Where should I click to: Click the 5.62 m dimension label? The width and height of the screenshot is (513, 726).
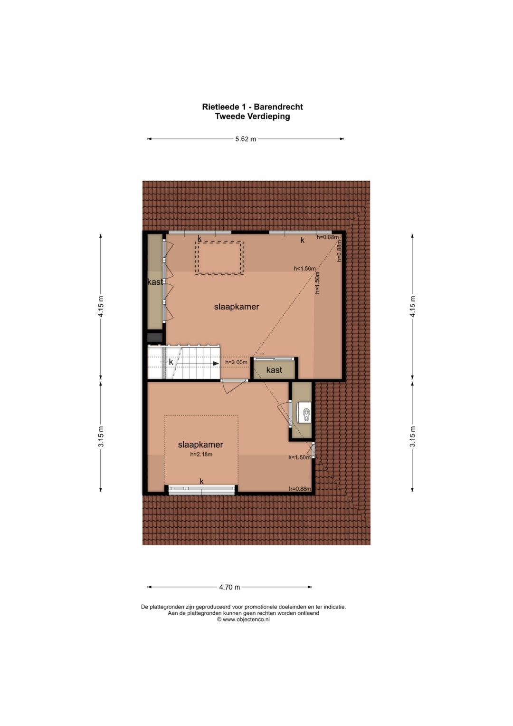point(246,139)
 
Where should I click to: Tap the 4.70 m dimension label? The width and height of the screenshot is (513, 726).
point(229,587)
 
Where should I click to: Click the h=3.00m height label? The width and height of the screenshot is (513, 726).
point(236,362)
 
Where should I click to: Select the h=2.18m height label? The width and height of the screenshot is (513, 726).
point(201,455)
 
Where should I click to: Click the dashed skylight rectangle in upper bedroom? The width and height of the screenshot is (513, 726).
point(219,258)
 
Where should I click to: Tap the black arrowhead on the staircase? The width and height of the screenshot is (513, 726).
point(216,364)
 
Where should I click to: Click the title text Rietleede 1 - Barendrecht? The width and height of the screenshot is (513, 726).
point(253,106)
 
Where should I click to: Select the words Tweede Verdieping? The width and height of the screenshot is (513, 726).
point(253,116)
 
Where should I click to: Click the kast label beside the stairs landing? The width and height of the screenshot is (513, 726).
point(274,370)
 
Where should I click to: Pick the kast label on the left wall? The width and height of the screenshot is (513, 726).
point(155,282)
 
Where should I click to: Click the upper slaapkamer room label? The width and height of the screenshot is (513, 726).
point(237,307)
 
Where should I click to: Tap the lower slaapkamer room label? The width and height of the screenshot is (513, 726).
point(200,445)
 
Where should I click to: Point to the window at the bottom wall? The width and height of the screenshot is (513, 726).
point(201,489)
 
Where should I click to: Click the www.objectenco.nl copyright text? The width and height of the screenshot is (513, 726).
point(243,620)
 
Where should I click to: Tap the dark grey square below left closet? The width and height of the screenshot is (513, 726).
point(155,337)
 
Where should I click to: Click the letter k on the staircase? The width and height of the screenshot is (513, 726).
point(171,362)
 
